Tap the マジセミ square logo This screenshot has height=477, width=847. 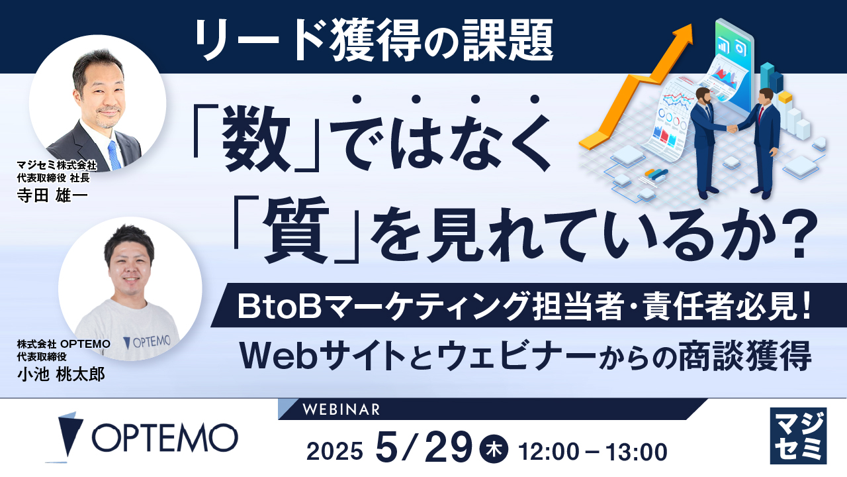[799, 435]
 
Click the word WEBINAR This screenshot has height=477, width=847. [341, 409]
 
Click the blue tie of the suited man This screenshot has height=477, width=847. [114, 155]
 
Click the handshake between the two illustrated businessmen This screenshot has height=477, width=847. [733, 128]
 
